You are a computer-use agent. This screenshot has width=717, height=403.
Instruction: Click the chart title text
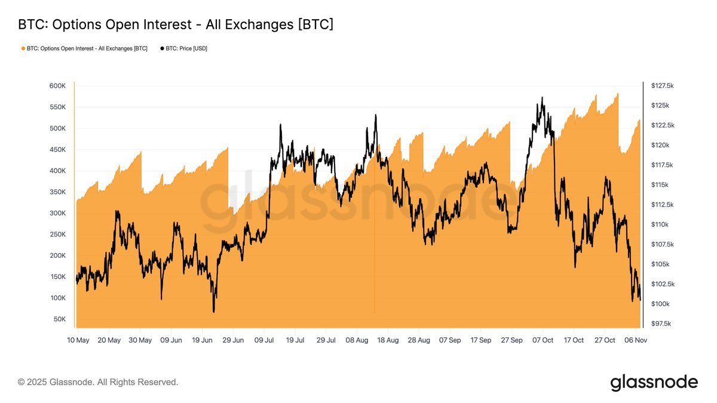(176, 24)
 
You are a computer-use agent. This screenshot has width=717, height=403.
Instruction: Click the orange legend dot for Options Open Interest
(23, 48)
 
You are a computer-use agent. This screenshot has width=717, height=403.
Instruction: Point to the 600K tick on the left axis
(57, 86)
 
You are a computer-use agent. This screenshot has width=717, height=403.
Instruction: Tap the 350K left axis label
(57, 192)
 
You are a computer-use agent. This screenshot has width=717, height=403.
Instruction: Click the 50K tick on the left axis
(59, 319)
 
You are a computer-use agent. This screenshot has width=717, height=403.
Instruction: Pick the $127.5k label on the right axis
(662, 86)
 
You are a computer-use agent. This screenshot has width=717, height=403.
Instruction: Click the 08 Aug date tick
(357, 340)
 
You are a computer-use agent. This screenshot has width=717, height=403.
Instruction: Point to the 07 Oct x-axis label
(543, 340)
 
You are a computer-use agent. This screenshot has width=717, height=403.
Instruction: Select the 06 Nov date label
(636, 340)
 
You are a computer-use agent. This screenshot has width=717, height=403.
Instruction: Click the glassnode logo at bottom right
(654, 382)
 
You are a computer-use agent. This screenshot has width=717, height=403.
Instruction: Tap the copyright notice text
(98, 382)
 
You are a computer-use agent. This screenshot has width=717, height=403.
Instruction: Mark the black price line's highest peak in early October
(542, 97)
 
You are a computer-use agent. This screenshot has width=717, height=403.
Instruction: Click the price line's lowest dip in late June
(213, 312)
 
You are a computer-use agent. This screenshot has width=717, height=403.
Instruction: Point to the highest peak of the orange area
(618, 93)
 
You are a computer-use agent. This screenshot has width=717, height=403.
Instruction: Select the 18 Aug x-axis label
(388, 340)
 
